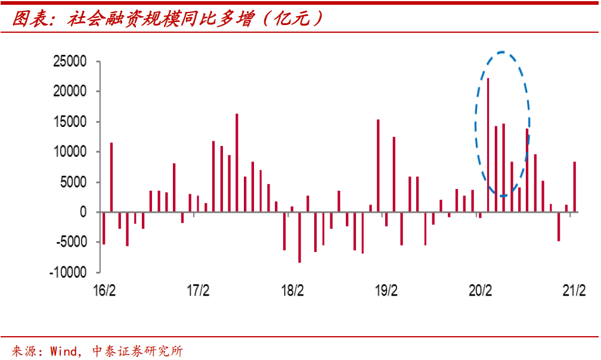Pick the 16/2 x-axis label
pos(104,291)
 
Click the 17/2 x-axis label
pos(198,291)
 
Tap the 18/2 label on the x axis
pos(292,291)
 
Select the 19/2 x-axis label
pos(386,291)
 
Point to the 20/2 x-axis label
pos(480,291)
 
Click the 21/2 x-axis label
pos(574,291)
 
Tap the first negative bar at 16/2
pos(104,228)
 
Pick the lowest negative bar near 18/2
pos(299,237)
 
